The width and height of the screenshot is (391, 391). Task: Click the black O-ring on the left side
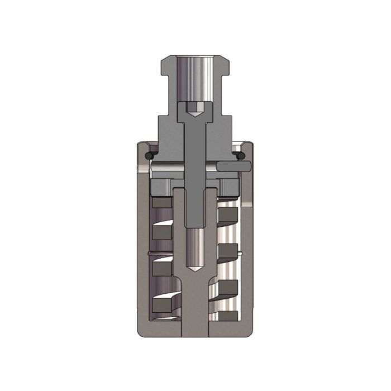click(149, 154)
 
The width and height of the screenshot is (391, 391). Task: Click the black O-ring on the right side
click(241, 154)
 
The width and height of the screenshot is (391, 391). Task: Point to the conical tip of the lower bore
click(195, 267)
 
